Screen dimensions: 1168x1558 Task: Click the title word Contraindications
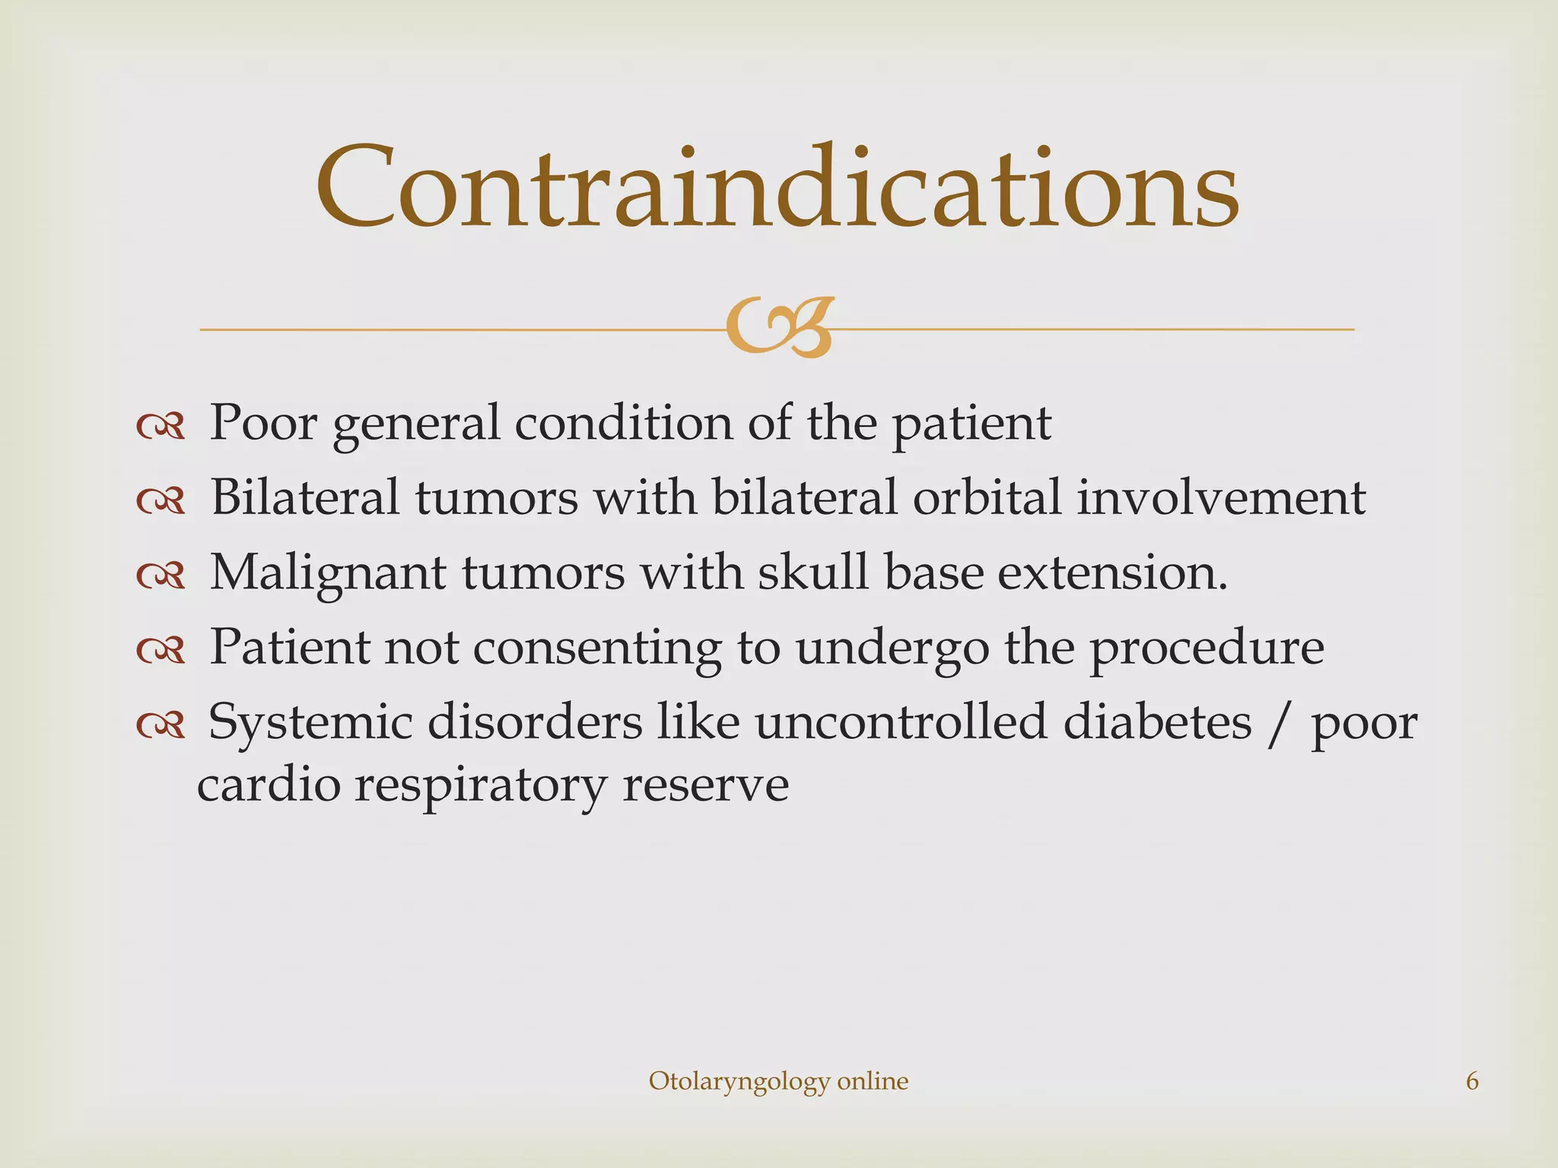(x=777, y=187)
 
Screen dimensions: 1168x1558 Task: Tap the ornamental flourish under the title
(x=779, y=328)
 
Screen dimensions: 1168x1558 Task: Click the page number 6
(x=1472, y=1081)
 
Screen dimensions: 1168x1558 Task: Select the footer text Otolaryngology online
(x=778, y=1081)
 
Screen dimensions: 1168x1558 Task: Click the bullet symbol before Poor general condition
(x=161, y=428)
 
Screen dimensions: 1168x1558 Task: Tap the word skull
(x=812, y=572)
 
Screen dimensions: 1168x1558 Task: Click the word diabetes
(x=1156, y=722)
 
